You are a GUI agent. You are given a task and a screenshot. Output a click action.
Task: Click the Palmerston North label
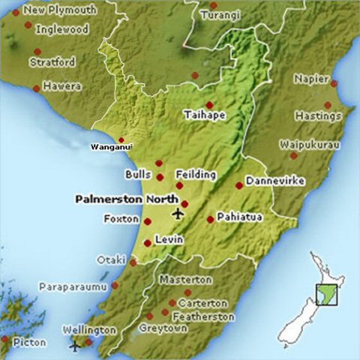pyautogui.click(x=127, y=199)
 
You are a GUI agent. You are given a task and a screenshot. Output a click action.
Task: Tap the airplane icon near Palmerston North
pyautogui.click(x=178, y=214)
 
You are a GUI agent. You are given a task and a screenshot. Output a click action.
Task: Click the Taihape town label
pyautogui.click(x=205, y=116)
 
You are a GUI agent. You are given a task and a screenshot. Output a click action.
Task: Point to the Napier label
pyautogui.click(x=311, y=77)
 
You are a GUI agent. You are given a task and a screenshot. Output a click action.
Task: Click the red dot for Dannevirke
pyautogui.click(x=239, y=185)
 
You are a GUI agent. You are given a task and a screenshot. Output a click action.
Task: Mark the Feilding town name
pyautogui.click(x=196, y=175)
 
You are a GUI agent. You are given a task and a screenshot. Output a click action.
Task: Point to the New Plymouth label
pyautogui.click(x=60, y=10)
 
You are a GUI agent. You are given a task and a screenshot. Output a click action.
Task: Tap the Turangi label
pyautogui.click(x=220, y=16)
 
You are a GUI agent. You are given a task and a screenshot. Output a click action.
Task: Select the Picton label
pyautogui.click(x=29, y=342)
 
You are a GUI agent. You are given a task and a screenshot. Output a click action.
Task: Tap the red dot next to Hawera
pyautogui.click(x=35, y=88)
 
